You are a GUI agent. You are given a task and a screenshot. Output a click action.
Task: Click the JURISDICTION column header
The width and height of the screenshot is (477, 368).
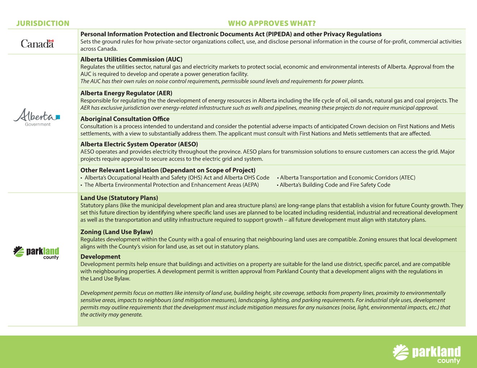pyautogui.click(x=43, y=23)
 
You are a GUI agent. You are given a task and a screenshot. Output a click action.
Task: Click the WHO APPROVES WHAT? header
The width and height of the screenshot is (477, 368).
pyautogui.click(x=272, y=23)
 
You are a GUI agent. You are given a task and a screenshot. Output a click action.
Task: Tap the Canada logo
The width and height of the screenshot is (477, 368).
pyautogui.click(x=37, y=44)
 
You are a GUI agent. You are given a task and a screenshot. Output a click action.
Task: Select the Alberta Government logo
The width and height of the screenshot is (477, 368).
pyautogui.click(x=37, y=117)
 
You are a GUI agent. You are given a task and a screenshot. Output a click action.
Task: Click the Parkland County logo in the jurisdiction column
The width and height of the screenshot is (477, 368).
pyautogui.click(x=36, y=252)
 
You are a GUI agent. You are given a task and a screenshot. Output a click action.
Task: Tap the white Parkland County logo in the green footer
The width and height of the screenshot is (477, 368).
pyautogui.click(x=427, y=354)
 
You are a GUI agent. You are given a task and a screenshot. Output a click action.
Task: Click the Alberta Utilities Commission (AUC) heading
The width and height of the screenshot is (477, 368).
pyautogui.click(x=131, y=60)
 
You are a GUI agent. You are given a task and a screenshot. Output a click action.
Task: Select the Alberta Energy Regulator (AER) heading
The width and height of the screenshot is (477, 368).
pyautogui.click(x=126, y=93)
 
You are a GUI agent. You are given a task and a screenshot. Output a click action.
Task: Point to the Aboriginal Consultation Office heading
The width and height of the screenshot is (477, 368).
pyautogui.click(x=125, y=119)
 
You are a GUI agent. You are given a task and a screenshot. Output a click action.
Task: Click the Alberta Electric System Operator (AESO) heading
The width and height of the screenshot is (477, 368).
pyautogui.click(x=139, y=144)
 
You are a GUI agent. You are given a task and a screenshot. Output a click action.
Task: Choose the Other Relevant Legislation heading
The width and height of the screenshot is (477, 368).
pyautogui.click(x=168, y=170)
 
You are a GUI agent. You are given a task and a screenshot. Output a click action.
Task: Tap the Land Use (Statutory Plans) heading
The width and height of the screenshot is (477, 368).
pyautogui.click(x=119, y=198)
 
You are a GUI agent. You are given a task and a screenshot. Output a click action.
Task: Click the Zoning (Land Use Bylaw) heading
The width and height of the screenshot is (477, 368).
pyautogui.click(x=116, y=232)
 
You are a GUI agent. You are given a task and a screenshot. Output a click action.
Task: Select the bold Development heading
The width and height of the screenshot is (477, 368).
pyautogui.click(x=100, y=257)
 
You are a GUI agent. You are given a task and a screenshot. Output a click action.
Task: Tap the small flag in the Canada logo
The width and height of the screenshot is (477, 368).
pyautogui.click(x=51, y=41)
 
